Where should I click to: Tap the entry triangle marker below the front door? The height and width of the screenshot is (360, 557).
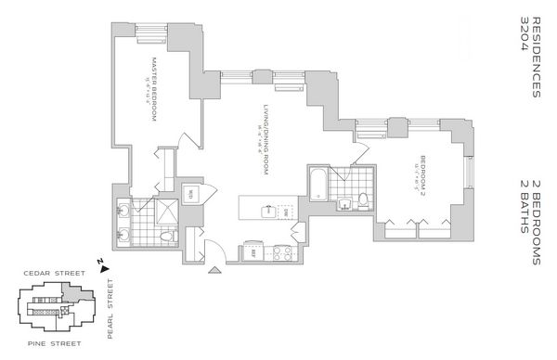coord(216,269)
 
